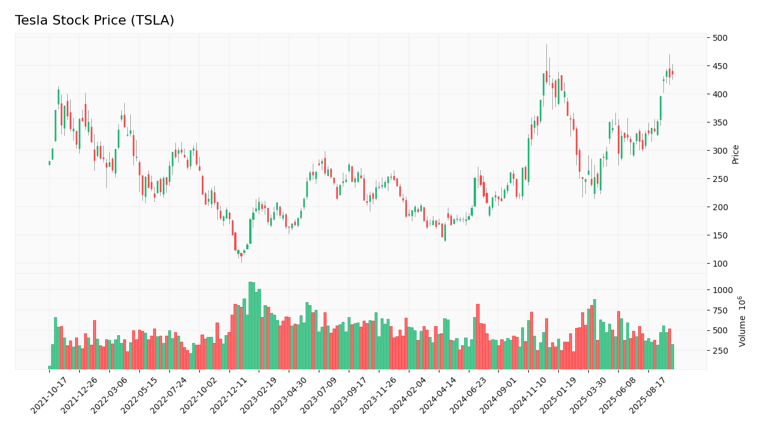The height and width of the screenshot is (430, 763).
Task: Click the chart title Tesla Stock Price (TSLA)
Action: pyautogui.click(x=94, y=21)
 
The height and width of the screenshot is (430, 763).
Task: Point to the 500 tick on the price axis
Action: pyautogui.click(x=719, y=38)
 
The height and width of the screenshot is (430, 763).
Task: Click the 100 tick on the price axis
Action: pyautogui.click(x=719, y=264)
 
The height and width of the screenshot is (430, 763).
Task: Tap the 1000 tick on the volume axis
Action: pyautogui.click(x=723, y=289)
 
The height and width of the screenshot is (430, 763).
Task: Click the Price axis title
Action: pyautogui.click(x=735, y=154)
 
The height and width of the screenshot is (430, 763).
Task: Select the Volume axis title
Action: pyautogui.click(x=743, y=321)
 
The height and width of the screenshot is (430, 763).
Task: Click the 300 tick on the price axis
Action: pyautogui.click(x=719, y=151)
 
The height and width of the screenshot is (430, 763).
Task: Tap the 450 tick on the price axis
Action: pyautogui.click(x=719, y=66)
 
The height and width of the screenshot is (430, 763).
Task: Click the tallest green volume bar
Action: pyautogui.click(x=250, y=326)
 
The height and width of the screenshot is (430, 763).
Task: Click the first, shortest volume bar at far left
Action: pyautogui.click(x=49, y=367)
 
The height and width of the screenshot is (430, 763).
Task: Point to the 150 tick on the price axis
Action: pyautogui.click(x=719, y=235)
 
